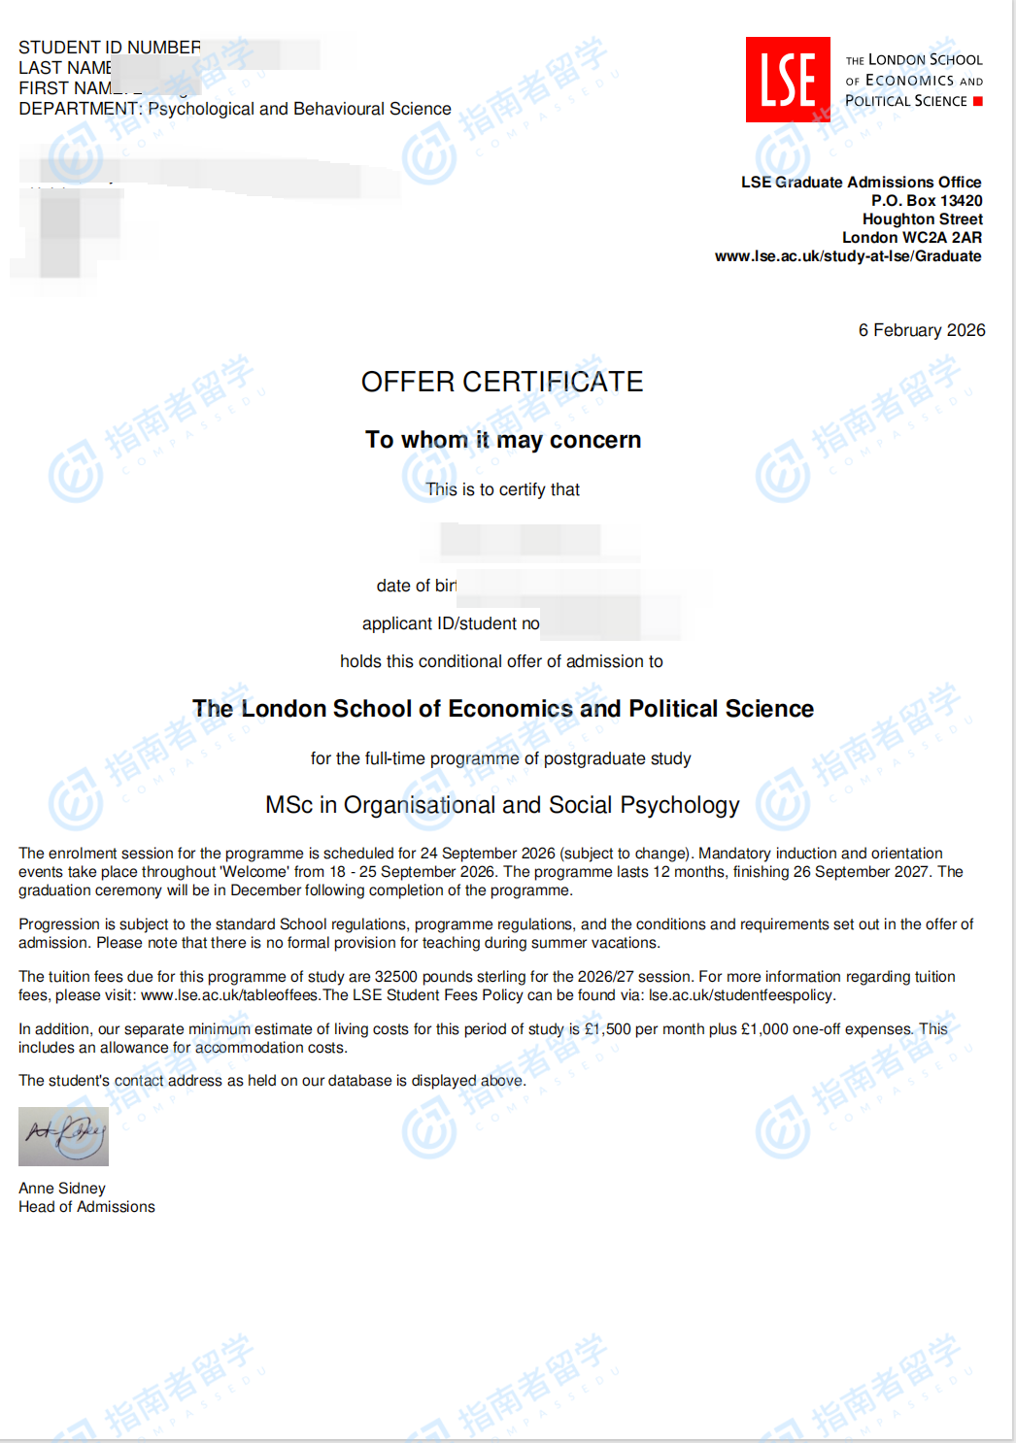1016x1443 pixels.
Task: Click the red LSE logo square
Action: point(788,80)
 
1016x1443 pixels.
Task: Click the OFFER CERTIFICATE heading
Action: point(502,382)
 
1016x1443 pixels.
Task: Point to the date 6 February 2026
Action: point(921,330)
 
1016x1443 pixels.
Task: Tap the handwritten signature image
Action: point(63,1135)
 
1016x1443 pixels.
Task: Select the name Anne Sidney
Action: point(62,1188)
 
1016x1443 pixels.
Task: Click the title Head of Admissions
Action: point(86,1206)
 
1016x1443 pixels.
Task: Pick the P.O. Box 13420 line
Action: point(926,200)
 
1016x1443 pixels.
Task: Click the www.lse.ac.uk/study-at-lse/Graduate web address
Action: point(847,255)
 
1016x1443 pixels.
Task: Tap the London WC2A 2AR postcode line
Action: point(911,237)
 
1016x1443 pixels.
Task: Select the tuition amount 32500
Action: point(395,977)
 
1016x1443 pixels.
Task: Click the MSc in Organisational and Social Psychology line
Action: point(502,805)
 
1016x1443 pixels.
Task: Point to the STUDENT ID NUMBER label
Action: point(109,48)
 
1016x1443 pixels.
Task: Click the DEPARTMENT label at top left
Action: point(80,109)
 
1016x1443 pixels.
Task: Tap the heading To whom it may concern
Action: point(503,440)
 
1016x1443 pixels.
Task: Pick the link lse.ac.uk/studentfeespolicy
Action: point(740,995)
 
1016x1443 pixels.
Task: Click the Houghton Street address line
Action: point(922,218)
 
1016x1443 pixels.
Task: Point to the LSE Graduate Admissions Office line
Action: point(861,182)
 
